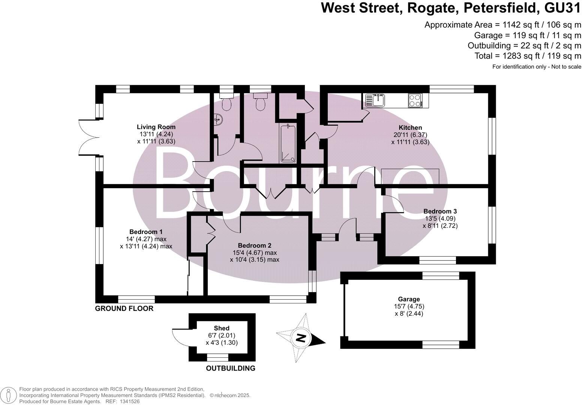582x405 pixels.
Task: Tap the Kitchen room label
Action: pyautogui.click(x=410, y=128)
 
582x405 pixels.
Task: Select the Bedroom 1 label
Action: pyautogui.click(x=146, y=232)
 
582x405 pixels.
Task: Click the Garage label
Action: pyautogui.click(x=409, y=299)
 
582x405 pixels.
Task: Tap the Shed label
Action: pyautogui.click(x=222, y=328)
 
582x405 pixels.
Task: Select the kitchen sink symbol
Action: pyautogui.click(x=375, y=100)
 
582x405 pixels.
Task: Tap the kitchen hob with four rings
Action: pyautogui.click(x=415, y=100)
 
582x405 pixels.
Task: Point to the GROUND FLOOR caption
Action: pyautogui.click(x=124, y=309)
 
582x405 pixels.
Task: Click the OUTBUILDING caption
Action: pyautogui.click(x=231, y=368)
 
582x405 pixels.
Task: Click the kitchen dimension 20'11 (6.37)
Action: pyautogui.click(x=410, y=135)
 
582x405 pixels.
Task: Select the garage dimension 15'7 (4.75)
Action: pyautogui.click(x=409, y=306)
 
